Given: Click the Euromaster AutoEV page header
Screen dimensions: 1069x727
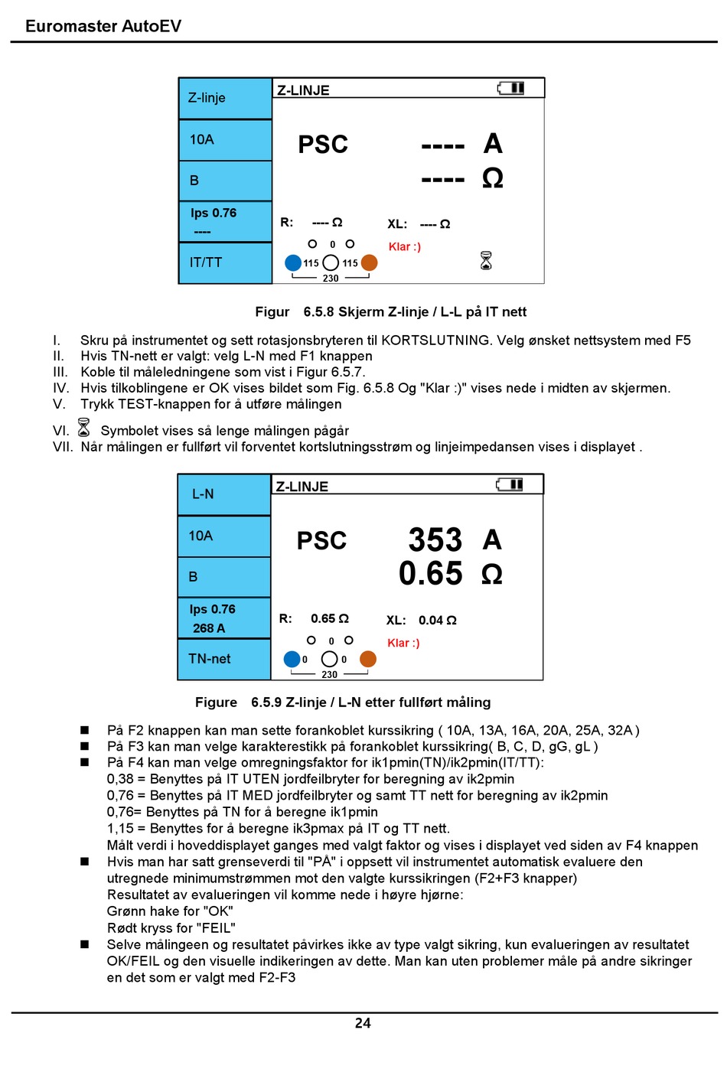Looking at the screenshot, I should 103,26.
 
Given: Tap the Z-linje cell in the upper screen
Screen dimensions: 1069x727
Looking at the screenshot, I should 207,98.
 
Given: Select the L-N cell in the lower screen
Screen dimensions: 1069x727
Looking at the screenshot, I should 203,494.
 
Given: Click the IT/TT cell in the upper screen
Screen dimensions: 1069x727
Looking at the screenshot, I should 206,262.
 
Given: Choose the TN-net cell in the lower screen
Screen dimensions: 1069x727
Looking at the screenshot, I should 209,659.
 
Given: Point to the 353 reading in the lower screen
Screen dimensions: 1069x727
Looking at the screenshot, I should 435,540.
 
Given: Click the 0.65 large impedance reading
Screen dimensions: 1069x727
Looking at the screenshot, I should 430,574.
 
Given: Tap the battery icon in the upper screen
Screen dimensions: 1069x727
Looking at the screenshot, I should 511,89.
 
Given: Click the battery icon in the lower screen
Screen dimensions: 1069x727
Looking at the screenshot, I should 510,485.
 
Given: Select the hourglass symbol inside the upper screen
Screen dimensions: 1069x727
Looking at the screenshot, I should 486,261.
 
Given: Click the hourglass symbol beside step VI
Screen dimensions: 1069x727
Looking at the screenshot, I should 84,427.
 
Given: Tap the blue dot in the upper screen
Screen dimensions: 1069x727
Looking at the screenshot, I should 293,262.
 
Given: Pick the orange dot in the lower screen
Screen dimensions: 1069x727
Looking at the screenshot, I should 368,659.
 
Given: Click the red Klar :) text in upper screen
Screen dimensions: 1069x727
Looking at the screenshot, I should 404,246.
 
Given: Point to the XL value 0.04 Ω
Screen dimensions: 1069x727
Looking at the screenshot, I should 437,621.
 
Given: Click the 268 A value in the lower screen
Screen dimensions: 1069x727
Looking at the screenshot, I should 209,628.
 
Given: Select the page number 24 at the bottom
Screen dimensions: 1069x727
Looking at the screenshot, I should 363,1023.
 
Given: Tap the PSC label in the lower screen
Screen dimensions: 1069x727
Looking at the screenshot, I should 321,541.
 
